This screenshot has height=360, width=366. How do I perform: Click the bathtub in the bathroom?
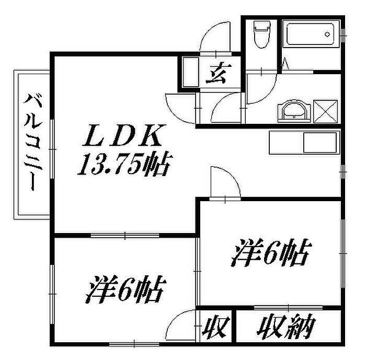click(311, 35)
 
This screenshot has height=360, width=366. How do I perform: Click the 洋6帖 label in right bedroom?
click(272, 254)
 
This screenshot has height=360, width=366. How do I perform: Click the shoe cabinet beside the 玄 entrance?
click(189, 72)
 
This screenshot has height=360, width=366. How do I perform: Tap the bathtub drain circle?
click(327, 34)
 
